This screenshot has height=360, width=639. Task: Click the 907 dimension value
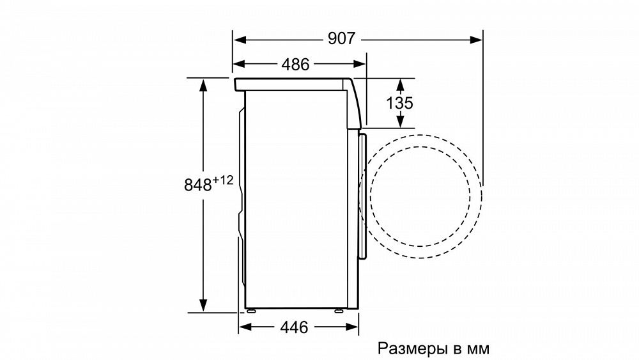pos(341,39)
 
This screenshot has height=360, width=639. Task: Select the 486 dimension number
pos(295,64)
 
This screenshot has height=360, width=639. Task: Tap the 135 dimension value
pos(400,103)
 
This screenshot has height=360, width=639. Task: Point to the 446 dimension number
pos(294,327)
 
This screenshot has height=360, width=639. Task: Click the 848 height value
pos(198,185)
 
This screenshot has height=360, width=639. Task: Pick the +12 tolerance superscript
pos(223,180)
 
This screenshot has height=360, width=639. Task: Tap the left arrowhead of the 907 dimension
pos(240,40)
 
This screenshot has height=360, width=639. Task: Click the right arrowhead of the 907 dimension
pos(476,40)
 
